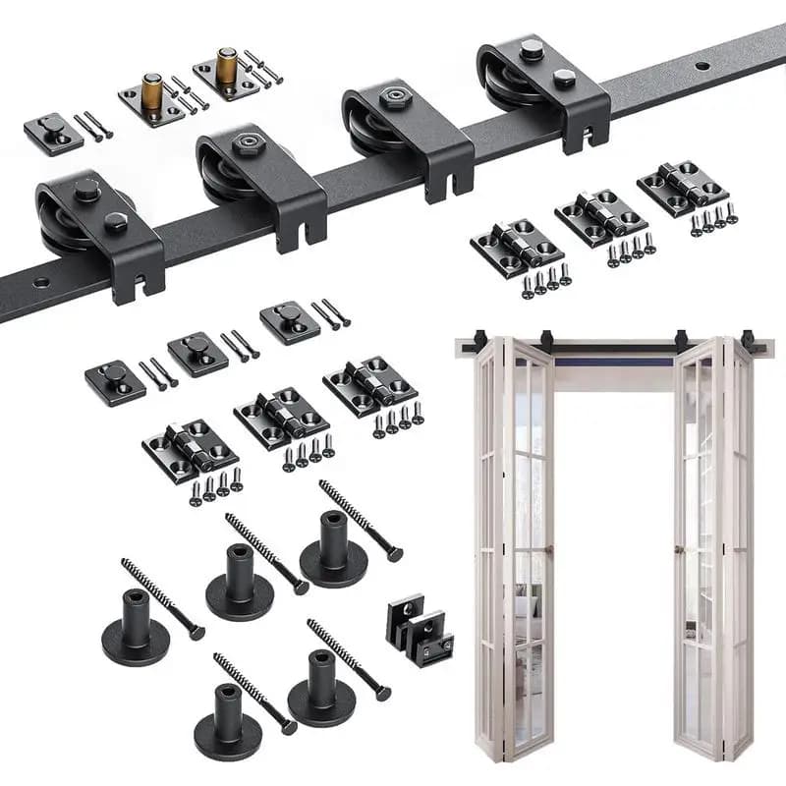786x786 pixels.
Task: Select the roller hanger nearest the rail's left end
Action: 98,231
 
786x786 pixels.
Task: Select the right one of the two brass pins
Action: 227,65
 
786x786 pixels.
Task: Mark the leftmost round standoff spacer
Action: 136,629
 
